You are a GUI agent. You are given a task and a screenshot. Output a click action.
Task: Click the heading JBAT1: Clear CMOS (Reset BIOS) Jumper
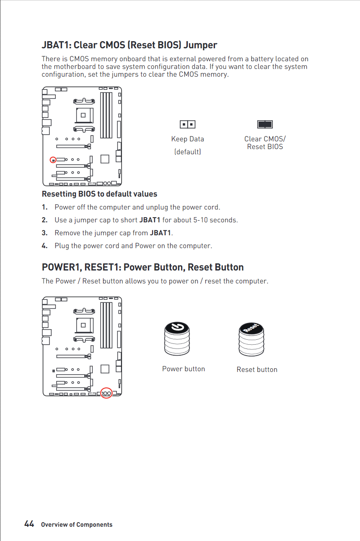coord(129,45)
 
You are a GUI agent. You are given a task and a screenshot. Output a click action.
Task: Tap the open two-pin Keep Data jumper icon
coord(187,124)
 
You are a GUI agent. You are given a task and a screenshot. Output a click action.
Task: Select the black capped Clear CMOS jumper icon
coord(265,124)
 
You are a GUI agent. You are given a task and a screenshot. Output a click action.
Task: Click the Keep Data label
coord(187,139)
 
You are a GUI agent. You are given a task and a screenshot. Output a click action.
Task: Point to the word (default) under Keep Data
coord(187,151)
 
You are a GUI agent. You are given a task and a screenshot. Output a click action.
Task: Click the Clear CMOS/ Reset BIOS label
coord(265,143)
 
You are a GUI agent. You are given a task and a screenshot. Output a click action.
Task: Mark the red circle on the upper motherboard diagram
coord(53,160)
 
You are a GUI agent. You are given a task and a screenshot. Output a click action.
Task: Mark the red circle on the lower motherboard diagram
coord(106,393)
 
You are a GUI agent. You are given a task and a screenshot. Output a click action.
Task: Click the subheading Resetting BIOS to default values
coord(99,194)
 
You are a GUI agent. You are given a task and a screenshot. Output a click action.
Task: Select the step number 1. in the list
coord(44,207)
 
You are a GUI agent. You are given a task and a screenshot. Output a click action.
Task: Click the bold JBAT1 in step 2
coord(150,220)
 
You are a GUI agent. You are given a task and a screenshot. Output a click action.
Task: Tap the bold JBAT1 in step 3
coord(161,233)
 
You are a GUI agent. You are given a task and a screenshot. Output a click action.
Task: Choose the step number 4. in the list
coord(44,246)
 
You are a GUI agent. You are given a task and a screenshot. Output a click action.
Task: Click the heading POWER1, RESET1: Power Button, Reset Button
coord(142,267)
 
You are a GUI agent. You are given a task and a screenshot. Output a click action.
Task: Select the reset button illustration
coord(251,340)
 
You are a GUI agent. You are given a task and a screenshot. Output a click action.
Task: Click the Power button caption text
coord(184,369)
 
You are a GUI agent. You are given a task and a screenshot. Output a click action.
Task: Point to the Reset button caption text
coord(257,369)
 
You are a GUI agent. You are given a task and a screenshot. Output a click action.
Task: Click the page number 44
coord(29,524)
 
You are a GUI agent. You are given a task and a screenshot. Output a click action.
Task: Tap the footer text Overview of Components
coord(77,525)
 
